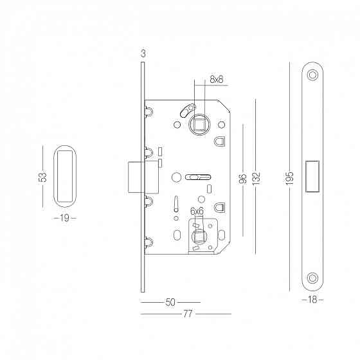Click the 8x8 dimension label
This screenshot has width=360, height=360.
[x=216, y=80]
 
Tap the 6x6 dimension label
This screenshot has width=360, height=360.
[x=197, y=212]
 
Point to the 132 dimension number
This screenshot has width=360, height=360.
[x=256, y=178]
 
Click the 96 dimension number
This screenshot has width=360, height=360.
[x=243, y=179]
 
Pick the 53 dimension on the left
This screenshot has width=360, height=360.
[x=42, y=177]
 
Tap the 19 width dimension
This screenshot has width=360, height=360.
[x=64, y=218]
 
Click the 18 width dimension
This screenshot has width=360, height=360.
[x=312, y=300]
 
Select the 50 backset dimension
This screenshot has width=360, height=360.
[x=170, y=302]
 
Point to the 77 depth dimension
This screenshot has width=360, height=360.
[x=188, y=314]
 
